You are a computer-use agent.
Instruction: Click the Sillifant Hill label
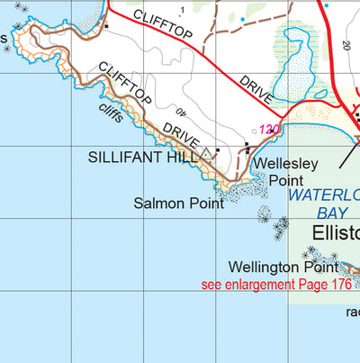(145, 157)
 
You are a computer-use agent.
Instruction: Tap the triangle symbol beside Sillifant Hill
(208, 154)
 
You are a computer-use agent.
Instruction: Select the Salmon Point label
(178, 204)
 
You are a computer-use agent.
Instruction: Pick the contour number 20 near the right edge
(345, 45)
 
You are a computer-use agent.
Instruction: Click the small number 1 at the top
(181, 10)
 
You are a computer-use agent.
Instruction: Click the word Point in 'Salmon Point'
(206, 204)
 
